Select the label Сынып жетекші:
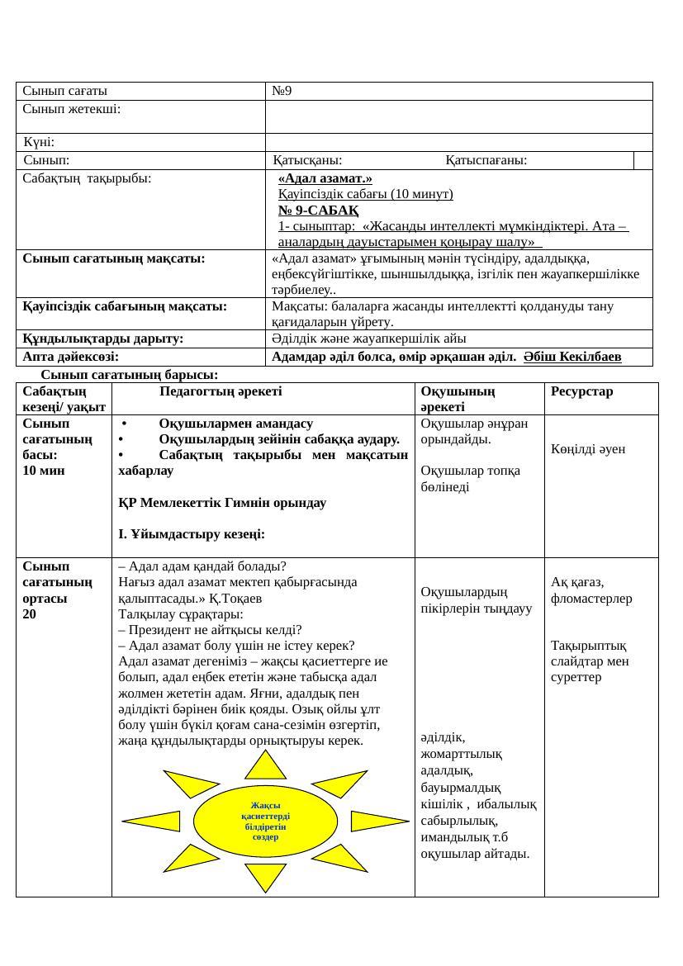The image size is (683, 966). (72, 110)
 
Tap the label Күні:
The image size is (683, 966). (39, 143)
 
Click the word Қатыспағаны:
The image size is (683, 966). (486, 160)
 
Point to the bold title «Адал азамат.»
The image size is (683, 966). (325, 178)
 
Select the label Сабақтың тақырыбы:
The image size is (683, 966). (87, 178)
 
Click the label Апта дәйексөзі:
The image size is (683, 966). (70, 356)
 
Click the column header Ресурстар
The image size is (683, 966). (581, 391)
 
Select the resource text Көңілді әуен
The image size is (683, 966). (588, 449)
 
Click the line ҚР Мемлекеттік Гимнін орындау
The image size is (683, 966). (222, 502)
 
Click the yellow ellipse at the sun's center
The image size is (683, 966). (265, 821)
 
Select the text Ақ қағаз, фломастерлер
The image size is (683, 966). (591, 590)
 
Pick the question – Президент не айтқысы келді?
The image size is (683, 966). (210, 630)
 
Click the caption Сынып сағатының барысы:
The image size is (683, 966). (129, 375)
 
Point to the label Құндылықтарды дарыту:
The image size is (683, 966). (102, 339)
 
